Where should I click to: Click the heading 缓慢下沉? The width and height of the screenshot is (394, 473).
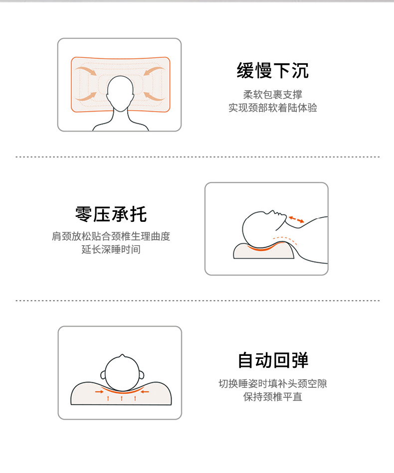[272, 71]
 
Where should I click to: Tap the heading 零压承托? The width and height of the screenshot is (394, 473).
[111, 214]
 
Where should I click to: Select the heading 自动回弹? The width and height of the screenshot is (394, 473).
[273, 360]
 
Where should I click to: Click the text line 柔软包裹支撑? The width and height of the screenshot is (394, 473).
[273, 94]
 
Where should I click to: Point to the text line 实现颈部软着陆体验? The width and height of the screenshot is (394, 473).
[273, 108]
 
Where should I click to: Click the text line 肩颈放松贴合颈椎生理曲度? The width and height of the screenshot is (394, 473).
[111, 236]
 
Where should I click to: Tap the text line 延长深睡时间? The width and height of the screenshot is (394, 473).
[111, 250]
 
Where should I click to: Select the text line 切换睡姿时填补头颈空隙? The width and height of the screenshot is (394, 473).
[273, 383]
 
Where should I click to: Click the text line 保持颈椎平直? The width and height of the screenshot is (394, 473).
[273, 397]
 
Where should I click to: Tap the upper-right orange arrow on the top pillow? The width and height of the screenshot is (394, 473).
[154, 71]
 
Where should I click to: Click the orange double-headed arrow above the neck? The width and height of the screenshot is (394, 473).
[296, 219]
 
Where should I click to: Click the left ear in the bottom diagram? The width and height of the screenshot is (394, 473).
[103, 375]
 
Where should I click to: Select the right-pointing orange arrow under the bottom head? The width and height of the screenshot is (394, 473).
[99, 392]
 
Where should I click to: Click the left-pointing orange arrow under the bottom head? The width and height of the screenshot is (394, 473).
[145, 392]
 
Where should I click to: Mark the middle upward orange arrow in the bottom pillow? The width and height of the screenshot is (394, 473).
[121, 399]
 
